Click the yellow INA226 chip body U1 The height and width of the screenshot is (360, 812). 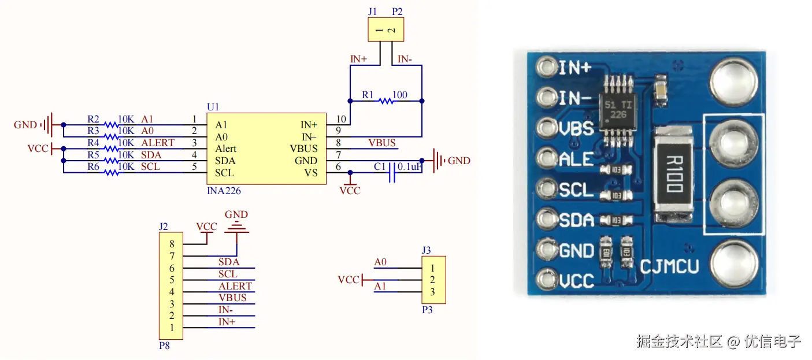pyautogui.click(x=266, y=149)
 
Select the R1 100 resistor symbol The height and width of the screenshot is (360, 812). pyautogui.click(x=386, y=101)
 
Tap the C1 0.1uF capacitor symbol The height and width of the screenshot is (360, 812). pyautogui.click(x=392, y=173)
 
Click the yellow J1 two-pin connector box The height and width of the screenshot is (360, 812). pyautogui.click(x=385, y=29)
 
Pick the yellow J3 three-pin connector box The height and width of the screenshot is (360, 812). pyautogui.click(x=433, y=280)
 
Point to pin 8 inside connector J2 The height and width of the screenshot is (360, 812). pyautogui.click(x=172, y=244)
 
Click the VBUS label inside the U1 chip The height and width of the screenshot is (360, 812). pyautogui.click(x=303, y=149)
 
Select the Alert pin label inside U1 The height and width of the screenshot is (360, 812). pyautogui.click(x=225, y=149)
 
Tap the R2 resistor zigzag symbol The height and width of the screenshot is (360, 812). pyautogui.click(x=112, y=125)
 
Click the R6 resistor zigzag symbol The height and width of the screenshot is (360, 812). pyautogui.click(x=112, y=173)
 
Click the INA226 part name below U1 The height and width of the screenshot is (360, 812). pyautogui.click(x=224, y=191)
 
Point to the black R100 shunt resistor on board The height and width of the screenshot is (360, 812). pyautogui.click(x=674, y=174)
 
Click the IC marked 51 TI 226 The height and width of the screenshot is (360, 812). pyautogui.click(x=618, y=110)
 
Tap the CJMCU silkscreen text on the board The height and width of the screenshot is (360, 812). pyautogui.click(x=669, y=267)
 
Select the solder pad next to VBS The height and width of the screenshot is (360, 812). pyautogui.click(x=547, y=128)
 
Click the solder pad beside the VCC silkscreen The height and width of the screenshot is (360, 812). pyautogui.click(x=547, y=280)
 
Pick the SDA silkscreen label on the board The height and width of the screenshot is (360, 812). pyautogui.click(x=576, y=220)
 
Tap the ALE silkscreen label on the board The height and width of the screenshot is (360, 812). pyautogui.click(x=576, y=159)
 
